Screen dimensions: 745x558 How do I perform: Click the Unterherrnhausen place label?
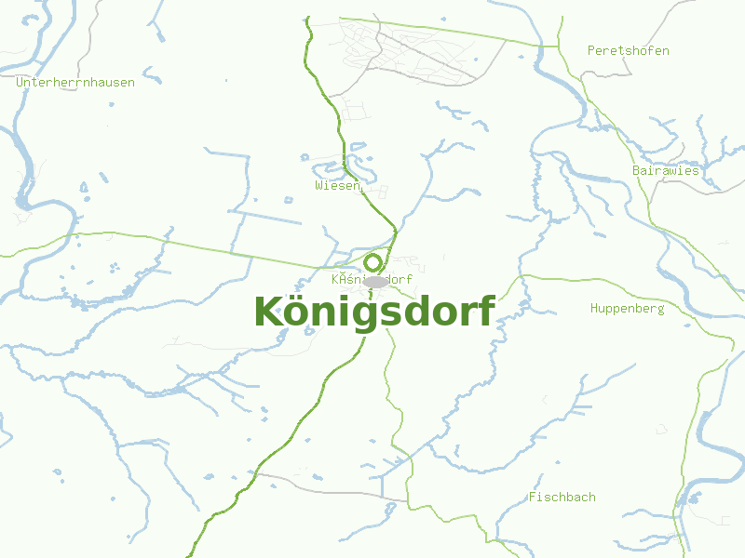pos(75,82)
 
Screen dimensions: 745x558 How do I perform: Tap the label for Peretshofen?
pos(628,50)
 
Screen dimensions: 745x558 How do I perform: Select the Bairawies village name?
pos(665,170)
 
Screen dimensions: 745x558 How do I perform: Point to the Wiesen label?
pos(337,186)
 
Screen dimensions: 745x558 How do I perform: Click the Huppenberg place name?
pos(627,308)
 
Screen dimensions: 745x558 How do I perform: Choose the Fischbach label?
pos(562,497)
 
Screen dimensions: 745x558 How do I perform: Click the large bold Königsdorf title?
pos(373,312)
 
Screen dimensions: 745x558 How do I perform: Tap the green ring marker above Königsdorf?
pos(373,262)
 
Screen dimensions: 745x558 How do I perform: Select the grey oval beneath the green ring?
pos(375,281)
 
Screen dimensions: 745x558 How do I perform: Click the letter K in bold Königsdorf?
pos(268,312)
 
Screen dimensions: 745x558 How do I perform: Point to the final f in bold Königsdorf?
pos(486,311)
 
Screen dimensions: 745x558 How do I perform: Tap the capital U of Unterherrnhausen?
pos(20,82)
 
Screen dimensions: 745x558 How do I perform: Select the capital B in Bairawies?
pos(636,170)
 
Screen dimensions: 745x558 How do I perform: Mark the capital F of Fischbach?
pos(533,497)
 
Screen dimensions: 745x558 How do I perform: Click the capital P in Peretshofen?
pos(591,50)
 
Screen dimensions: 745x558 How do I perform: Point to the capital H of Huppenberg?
pos(594,308)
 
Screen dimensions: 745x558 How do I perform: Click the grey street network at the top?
pos(410,56)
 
